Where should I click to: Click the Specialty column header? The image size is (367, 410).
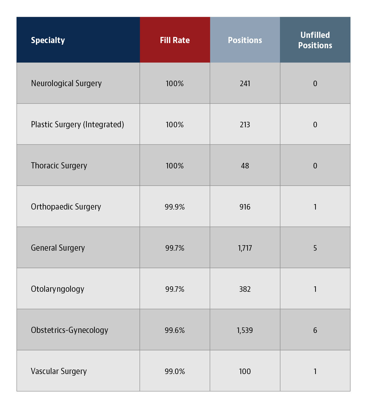(48, 40)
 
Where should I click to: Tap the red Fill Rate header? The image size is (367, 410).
(175, 40)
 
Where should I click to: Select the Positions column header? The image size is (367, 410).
(245, 40)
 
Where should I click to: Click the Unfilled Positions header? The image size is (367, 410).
(315, 40)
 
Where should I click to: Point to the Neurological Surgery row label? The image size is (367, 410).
(66, 84)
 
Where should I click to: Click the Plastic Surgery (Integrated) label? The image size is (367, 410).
(77, 125)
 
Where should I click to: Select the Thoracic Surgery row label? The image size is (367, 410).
(59, 166)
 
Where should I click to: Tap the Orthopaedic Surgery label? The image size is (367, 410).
(66, 207)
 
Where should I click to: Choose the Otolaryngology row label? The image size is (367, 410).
(58, 289)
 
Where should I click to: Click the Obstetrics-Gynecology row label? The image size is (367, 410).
(70, 330)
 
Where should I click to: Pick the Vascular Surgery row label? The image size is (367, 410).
(59, 371)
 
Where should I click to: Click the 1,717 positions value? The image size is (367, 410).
(245, 248)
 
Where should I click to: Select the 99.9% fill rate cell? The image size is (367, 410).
(175, 207)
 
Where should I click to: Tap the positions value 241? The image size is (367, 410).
(245, 84)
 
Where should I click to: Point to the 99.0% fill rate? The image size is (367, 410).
(175, 371)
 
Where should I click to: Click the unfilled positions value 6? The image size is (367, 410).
(315, 330)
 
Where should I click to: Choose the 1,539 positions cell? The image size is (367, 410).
(245, 330)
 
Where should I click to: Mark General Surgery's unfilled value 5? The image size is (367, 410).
(315, 248)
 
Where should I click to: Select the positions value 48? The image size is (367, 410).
(245, 166)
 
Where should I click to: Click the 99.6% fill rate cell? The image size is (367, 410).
(175, 330)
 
